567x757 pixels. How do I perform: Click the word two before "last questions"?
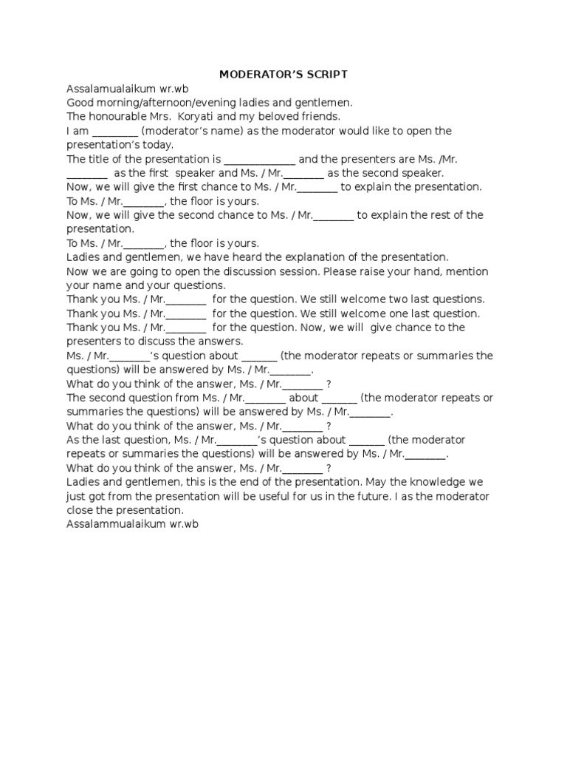tap(402, 299)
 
